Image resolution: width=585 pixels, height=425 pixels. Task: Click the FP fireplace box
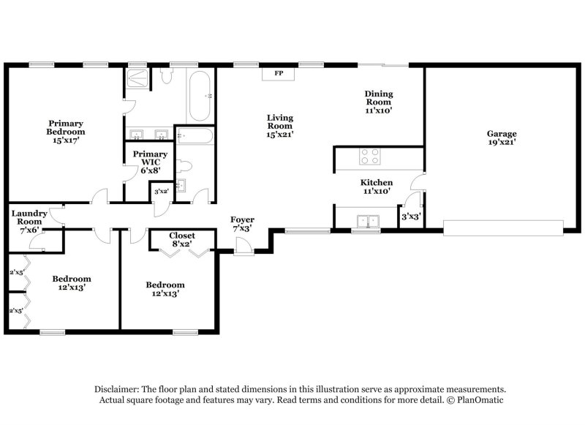[x=278, y=73]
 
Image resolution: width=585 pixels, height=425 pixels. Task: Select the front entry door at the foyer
[x=244, y=251]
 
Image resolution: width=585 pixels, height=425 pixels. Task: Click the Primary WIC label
[x=149, y=159]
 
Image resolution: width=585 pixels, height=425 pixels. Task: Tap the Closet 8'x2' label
[x=182, y=240]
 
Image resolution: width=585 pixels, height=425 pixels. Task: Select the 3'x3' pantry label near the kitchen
[x=409, y=217]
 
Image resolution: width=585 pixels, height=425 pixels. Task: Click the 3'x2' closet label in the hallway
[x=161, y=192]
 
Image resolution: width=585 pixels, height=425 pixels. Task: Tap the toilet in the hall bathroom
[x=184, y=165]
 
